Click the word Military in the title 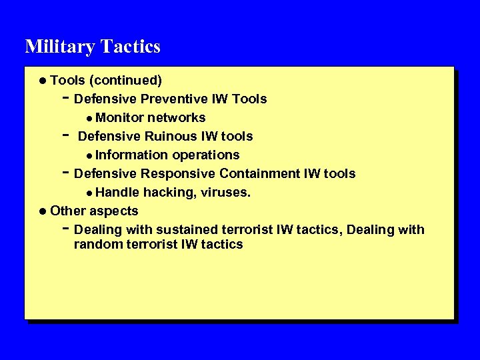[60, 47]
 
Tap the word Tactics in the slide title [131, 47]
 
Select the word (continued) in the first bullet [126, 81]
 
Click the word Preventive [170, 99]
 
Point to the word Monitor [120, 118]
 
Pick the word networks [177, 118]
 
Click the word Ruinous [167, 137]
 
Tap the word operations [206, 155]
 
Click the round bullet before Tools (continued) [43, 81]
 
